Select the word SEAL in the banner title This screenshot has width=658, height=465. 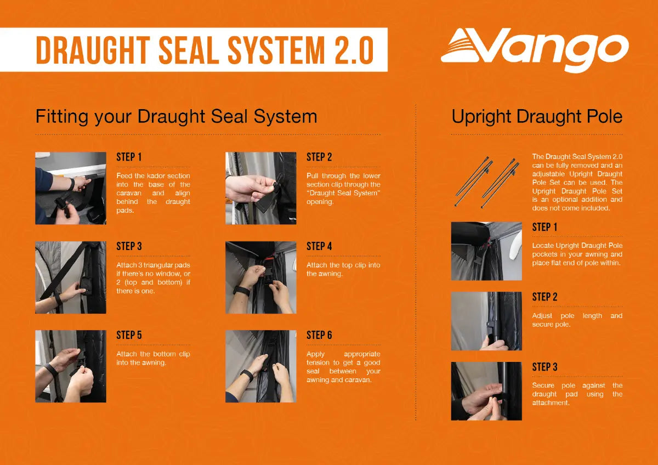[188, 50]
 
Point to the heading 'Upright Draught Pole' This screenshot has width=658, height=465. [537, 116]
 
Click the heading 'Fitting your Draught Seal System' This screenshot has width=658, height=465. [176, 117]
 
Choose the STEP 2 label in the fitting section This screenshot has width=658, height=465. [319, 157]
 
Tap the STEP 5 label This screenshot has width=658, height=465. [129, 335]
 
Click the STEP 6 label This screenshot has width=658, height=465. [319, 335]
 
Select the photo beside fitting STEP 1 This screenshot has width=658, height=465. [71, 188]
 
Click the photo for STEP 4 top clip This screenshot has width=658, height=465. [261, 277]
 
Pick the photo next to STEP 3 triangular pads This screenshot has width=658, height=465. [71, 277]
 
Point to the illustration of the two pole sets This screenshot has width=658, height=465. [487, 182]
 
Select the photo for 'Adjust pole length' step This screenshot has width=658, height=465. [486, 321]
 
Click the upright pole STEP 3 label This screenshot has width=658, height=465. [544, 367]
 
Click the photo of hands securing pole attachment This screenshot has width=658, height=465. [486, 391]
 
